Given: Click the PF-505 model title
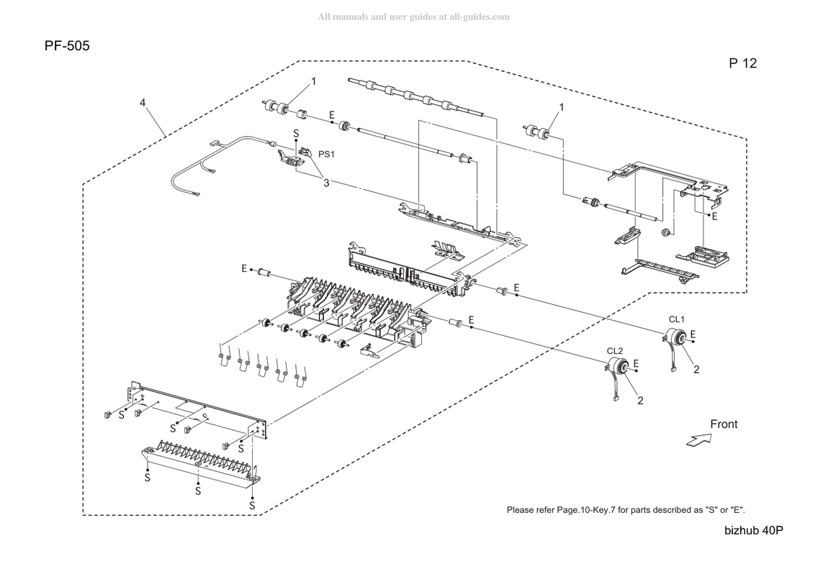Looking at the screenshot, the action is pos(67,46).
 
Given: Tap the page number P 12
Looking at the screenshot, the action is pos(743,63).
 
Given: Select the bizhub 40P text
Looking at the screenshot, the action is pos(754,531).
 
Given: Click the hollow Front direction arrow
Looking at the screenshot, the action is pos(700,439).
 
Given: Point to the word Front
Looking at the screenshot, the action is pos(724,424).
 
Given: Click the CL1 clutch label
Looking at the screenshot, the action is pos(677,319).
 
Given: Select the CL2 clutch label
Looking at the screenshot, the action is pos(615,351).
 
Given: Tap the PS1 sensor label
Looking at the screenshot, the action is pos(326,154).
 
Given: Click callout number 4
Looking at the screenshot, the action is pos(143,102).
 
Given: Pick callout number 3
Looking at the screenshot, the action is pos(326,183).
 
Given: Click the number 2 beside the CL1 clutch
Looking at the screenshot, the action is pos(696,370).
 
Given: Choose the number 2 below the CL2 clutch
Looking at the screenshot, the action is pos(641,401).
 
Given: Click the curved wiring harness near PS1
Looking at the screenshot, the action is pos(222,163).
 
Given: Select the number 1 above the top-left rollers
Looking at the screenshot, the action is pos(314,81).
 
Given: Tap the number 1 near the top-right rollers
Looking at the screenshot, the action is pos(562,107).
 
